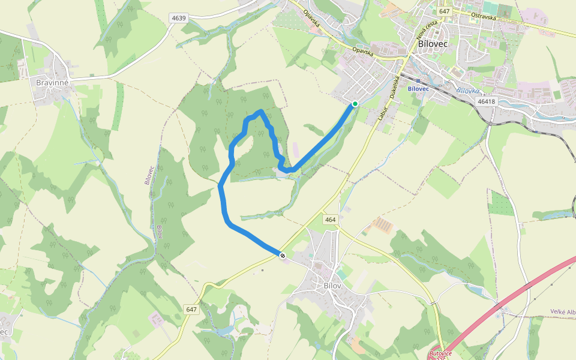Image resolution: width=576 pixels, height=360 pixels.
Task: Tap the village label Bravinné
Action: [54, 82]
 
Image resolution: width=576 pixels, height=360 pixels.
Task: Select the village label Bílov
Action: [332, 286]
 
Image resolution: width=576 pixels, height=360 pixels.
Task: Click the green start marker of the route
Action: [355, 104]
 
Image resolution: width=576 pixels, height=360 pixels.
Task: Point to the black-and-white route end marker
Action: [282, 256]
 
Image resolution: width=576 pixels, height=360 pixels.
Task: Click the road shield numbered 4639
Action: [178, 18]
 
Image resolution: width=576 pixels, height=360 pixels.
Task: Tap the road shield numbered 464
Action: [330, 220]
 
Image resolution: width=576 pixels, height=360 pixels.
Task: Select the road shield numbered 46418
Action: [487, 101]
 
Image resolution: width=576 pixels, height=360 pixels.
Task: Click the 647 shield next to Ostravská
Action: [444, 11]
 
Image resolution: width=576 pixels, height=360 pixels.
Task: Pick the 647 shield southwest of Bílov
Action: [191, 310]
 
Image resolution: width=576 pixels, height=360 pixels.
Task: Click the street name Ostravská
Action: [484, 17]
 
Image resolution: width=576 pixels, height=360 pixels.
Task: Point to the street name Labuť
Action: [381, 113]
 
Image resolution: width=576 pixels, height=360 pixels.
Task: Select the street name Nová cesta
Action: [424, 29]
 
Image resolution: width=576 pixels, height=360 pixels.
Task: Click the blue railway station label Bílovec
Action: [418, 89]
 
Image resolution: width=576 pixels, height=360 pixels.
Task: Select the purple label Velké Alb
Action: [563, 312]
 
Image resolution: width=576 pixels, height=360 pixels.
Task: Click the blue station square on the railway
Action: [418, 79]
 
